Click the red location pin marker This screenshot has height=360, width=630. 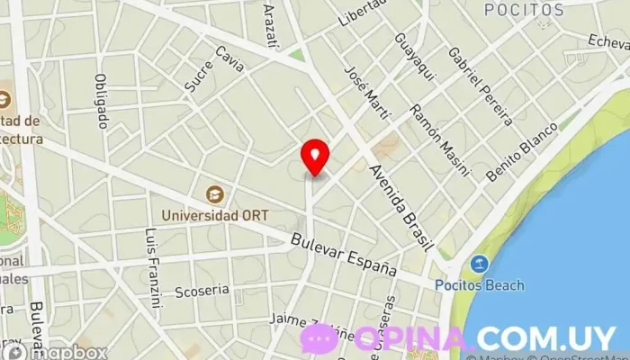click(314, 157)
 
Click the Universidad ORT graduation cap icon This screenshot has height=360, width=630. click(215, 193)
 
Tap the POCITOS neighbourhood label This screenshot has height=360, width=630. click(523, 10)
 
